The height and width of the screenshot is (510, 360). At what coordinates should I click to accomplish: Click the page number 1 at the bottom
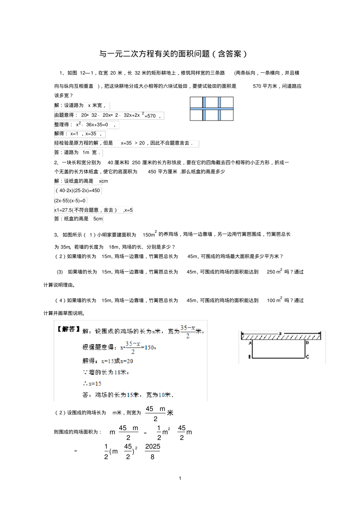coord(180,478)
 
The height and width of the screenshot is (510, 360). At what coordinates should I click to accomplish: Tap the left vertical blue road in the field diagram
coord(203,108)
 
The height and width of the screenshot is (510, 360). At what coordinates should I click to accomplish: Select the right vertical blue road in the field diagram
coord(219,108)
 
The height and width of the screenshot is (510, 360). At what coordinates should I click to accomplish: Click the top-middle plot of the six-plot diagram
coord(211,102)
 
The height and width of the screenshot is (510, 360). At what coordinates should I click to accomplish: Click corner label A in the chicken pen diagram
coord(250,342)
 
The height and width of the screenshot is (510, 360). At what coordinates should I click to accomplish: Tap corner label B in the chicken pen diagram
coord(249,357)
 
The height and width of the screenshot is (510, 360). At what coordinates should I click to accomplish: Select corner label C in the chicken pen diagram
coord(308,357)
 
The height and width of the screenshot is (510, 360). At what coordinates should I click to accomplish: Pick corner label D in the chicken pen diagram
coord(307,342)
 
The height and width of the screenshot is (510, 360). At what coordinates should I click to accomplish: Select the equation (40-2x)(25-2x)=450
coord(78,191)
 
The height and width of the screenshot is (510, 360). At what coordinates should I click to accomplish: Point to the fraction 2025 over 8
coord(152,451)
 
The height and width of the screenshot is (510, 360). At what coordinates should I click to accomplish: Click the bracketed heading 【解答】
coord(68,329)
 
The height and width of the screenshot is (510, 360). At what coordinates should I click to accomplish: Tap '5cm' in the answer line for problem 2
coord(97,219)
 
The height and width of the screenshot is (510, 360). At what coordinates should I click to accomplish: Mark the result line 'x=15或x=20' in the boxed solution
coord(117,361)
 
